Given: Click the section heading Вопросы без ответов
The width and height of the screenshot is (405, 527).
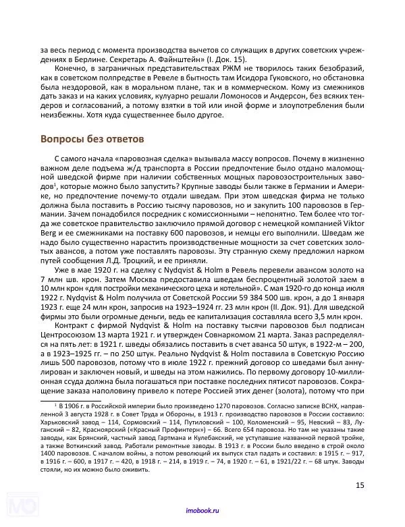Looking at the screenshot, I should pos(88,140).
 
